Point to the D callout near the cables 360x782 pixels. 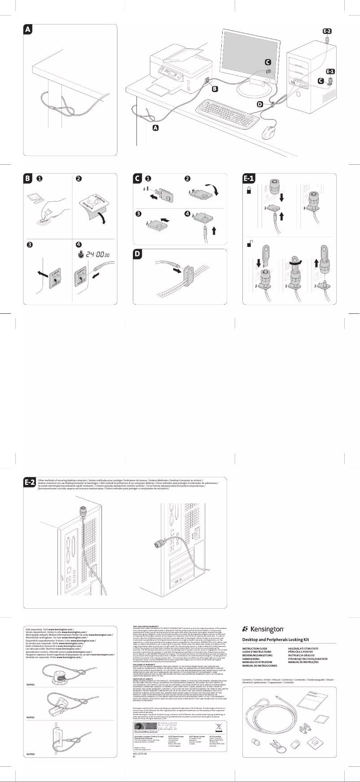click(260, 104)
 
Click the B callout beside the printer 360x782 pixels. click(215, 89)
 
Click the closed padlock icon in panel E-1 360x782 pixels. click(249, 191)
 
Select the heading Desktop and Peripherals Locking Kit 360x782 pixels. click(276, 639)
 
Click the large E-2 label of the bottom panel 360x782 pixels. click(30, 483)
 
